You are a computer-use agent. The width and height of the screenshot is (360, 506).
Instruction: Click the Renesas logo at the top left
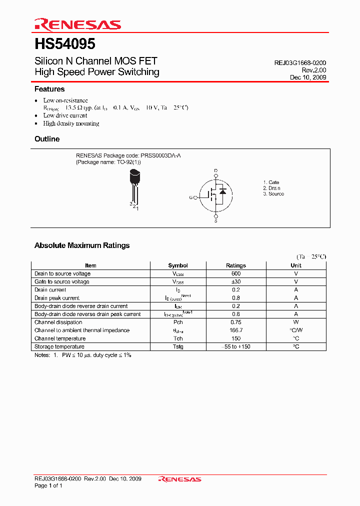pos(77,24)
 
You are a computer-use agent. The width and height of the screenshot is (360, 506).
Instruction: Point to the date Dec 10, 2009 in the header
pos(308,77)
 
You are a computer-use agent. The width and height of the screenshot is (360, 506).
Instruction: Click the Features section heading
pos(49,89)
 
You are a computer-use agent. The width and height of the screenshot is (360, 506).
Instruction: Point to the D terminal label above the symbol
pos(216,171)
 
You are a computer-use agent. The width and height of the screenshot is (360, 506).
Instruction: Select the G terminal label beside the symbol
pos(191,197)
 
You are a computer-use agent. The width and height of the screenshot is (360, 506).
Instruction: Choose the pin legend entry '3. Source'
pos(273,194)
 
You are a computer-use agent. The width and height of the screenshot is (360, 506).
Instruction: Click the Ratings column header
pos(236,265)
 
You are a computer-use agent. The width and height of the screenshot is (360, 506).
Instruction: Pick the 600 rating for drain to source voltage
pos(236,273)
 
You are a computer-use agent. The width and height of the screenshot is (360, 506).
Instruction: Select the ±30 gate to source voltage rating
pos(236,281)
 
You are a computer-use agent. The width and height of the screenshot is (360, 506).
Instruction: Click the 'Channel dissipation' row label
pos(58,322)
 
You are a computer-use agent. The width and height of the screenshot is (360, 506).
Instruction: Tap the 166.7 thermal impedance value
pos(236,330)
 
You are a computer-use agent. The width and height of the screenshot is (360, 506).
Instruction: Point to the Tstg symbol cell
pos(178,347)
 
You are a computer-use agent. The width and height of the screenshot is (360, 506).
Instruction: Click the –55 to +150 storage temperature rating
pos(236,347)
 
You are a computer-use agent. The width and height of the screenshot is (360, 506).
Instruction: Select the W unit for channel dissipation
pos(296,322)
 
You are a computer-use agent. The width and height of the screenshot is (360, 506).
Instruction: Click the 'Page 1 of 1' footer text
pos(48,486)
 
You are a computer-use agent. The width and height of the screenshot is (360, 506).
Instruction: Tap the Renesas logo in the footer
pos(179,479)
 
